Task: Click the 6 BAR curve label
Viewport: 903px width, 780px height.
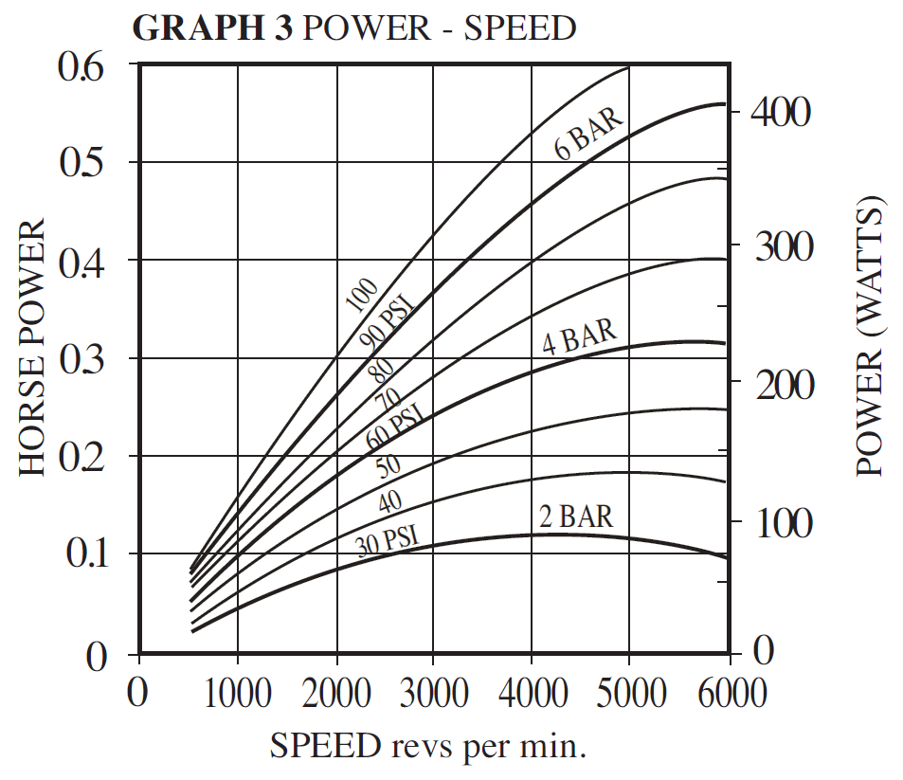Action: [589, 134]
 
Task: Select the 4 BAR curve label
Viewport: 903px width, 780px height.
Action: [579, 336]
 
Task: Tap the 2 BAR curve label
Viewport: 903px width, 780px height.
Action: [576, 517]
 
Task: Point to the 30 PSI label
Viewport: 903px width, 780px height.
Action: [388, 541]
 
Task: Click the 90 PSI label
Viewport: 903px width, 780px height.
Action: [388, 322]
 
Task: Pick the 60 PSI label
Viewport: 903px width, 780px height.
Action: [392, 426]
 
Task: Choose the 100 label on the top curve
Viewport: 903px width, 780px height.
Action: [360, 296]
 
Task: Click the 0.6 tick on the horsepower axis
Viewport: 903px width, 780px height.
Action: [88, 68]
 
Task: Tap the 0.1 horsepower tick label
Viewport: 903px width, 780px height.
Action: [88, 554]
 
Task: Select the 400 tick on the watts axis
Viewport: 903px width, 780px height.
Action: [780, 112]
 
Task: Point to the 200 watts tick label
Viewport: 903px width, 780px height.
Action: [780, 384]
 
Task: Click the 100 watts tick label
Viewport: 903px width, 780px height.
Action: [780, 523]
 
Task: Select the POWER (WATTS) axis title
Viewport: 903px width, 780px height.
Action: [869, 336]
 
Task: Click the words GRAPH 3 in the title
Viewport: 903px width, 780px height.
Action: [213, 28]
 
